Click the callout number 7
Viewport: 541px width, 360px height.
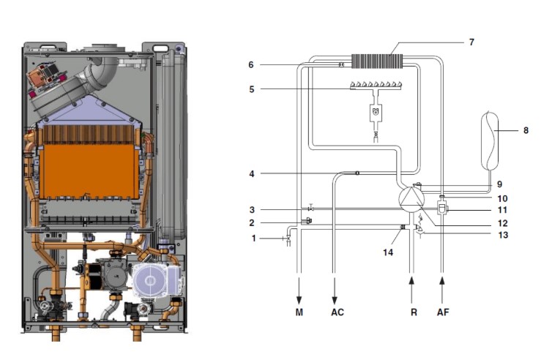(471, 42)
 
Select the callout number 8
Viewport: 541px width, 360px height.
(526, 130)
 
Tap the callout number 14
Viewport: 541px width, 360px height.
(388, 252)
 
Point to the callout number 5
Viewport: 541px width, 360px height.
(252, 89)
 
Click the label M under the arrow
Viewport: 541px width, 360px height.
(299, 312)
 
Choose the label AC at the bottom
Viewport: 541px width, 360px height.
(337, 312)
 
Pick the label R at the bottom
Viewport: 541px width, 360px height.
(414, 312)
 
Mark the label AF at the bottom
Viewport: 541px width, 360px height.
(443, 312)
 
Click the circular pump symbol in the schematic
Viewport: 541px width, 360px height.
(411, 199)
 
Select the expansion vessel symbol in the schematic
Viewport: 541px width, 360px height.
(490, 140)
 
